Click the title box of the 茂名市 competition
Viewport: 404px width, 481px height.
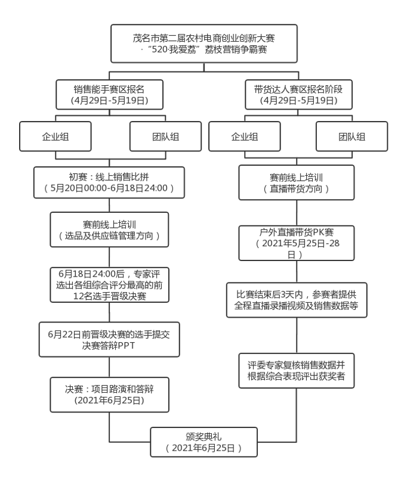pos(204,44)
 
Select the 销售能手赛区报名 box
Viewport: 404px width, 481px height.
pos(109,95)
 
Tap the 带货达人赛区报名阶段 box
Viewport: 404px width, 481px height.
pos(298,95)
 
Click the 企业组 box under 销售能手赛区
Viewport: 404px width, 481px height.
pos(55,136)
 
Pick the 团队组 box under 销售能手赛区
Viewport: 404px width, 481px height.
pos(165,136)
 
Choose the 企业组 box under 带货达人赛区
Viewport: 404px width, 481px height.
pos(245,136)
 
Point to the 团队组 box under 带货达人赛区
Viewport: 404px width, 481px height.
pos(351,136)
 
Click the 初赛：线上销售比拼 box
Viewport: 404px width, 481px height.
pos(109,182)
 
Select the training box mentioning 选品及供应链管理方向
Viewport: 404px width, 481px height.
pos(109,229)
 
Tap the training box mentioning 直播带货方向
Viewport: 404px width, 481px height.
pos(297,182)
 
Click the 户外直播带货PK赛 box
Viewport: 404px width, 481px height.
pos(297,243)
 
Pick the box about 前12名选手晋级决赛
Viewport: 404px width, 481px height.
pos(109,285)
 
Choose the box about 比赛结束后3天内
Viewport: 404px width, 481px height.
pos(297,300)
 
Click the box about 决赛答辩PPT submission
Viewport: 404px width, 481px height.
pos(109,340)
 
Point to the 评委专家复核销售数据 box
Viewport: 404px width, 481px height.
pos(297,371)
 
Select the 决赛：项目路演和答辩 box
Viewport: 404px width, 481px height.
pos(109,395)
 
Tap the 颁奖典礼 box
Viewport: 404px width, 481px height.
pos(203,442)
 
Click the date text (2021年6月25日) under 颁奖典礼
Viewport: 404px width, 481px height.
pos(203,448)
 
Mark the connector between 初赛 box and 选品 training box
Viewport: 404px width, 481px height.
pos(109,205)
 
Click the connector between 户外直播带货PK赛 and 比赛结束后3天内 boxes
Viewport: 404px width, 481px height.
pos(297,272)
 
